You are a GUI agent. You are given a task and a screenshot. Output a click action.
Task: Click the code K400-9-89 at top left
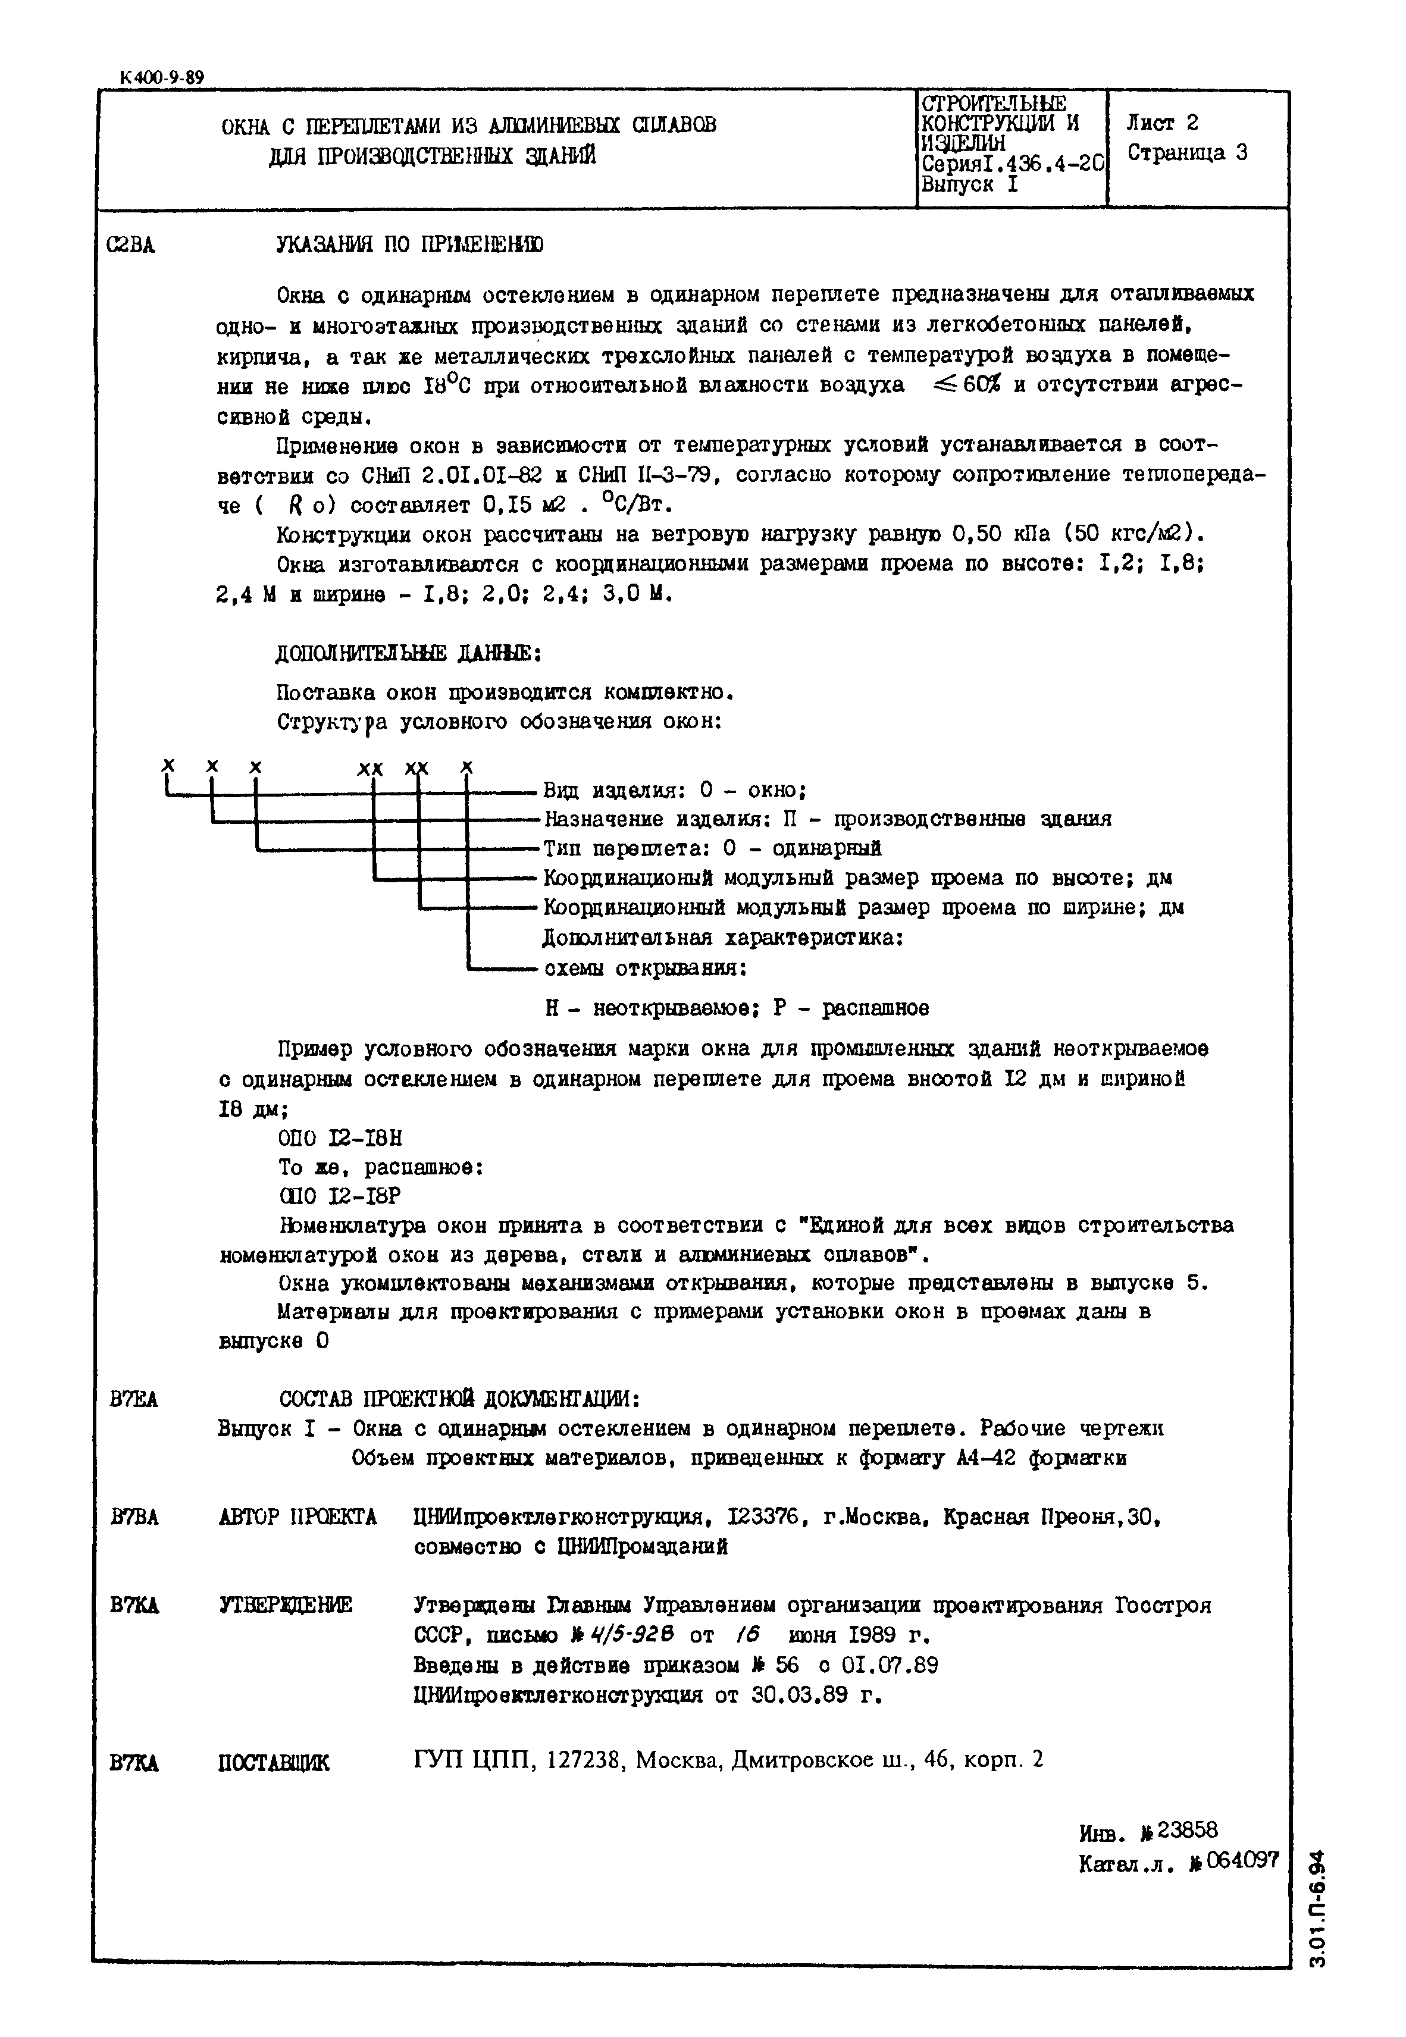tap(161, 77)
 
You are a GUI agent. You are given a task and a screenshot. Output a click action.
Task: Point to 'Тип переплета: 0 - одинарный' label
tap(712, 848)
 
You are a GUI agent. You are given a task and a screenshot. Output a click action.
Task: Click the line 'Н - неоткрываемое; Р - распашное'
tap(737, 1007)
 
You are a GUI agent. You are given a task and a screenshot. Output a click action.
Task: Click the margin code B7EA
tap(134, 1399)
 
